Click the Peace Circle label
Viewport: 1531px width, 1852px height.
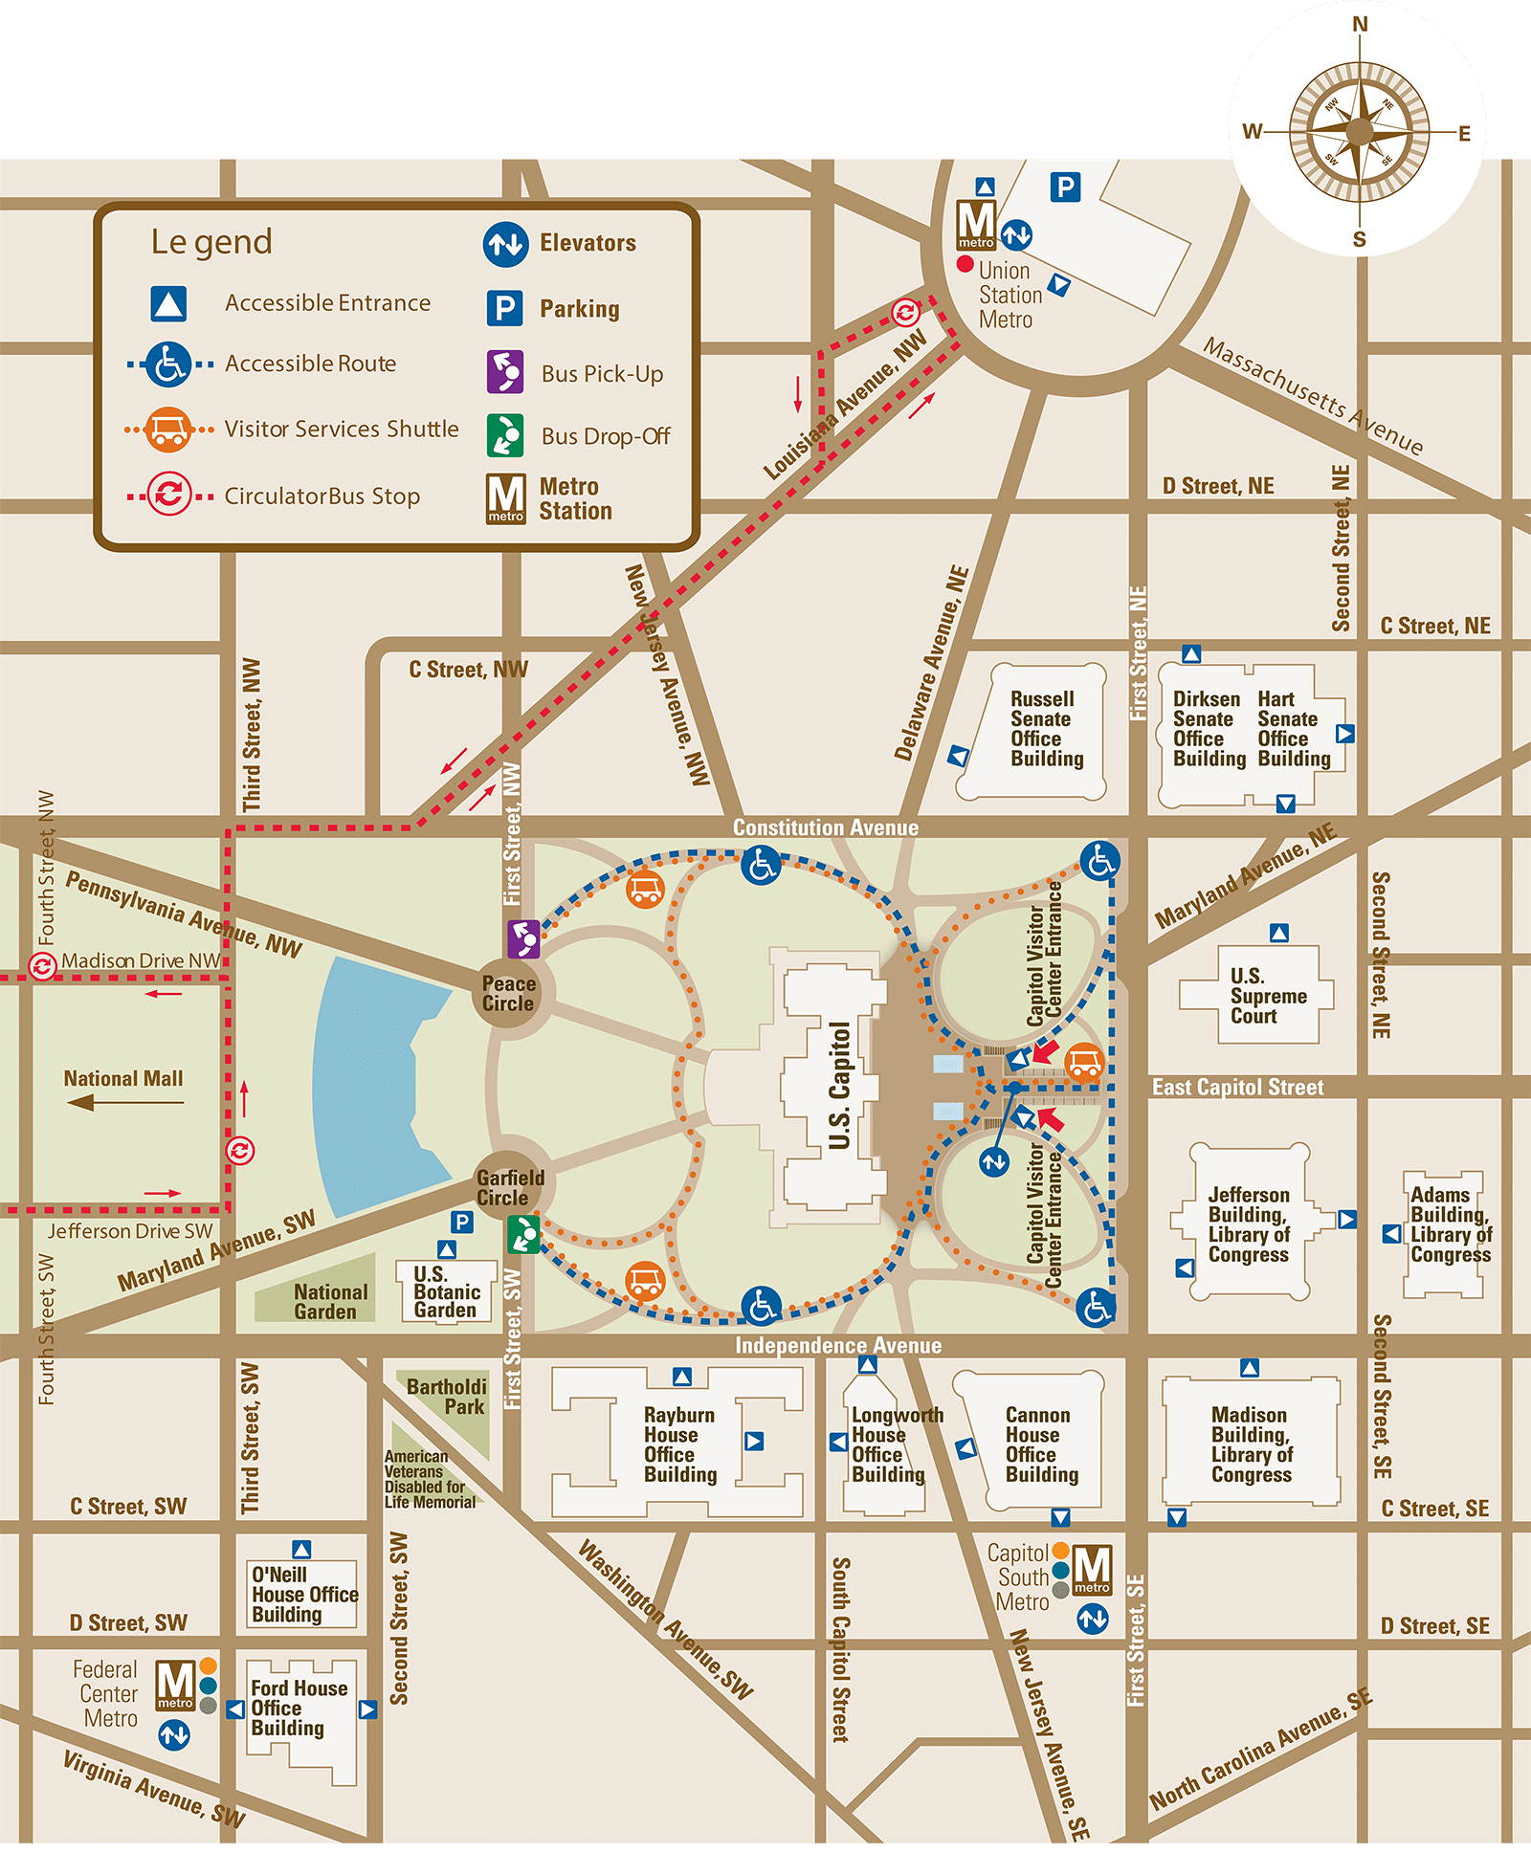[x=508, y=994]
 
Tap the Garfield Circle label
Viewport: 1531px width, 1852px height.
[x=509, y=1188]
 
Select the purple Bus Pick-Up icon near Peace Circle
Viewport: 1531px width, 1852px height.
[x=523, y=938]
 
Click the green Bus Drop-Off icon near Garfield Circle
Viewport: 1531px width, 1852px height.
[x=523, y=1234]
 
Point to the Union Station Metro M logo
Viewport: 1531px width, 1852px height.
[x=976, y=224]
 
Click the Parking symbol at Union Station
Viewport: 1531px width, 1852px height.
[x=1065, y=187]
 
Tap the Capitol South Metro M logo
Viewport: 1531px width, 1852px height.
[x=1092, y=1570]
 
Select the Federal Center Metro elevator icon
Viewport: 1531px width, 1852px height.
[x=174, y=1734]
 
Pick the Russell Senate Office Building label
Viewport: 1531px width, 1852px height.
[x=1046, y=729]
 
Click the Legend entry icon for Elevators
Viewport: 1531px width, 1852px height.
[x=505, y=244]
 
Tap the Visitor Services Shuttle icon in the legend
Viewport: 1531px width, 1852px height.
[x=168, y=430]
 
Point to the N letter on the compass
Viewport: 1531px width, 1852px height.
[x=1360, y=25]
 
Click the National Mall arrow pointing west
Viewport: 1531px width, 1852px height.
[x=124, y=1103]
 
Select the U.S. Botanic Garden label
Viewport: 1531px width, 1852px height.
[x=446, y=1292]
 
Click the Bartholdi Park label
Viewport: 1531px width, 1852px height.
[x=447, y=1397]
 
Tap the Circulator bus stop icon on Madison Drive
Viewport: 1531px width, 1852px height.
[x=42, y=966]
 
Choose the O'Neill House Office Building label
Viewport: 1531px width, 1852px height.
[x=304, y=1595]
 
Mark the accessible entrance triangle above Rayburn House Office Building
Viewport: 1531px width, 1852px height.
[x=682, y=1377]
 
